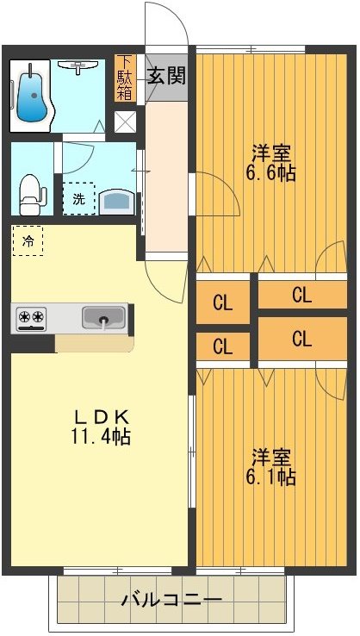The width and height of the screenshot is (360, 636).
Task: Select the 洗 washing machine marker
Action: coord(78,197)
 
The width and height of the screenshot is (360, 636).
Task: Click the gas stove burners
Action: coord(32,319)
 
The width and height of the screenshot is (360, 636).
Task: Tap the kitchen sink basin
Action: coord(103,318)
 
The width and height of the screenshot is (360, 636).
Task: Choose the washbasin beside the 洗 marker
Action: coord(117,201)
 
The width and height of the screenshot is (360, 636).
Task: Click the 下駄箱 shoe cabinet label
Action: coord(125,78)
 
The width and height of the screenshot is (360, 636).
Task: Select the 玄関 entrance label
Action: coord(166,74)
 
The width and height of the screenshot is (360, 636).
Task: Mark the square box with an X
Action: coord(125,121)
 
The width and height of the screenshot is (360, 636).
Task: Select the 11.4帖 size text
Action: coord(100,437)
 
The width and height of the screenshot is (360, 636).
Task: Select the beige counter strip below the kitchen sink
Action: coord(95,344)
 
